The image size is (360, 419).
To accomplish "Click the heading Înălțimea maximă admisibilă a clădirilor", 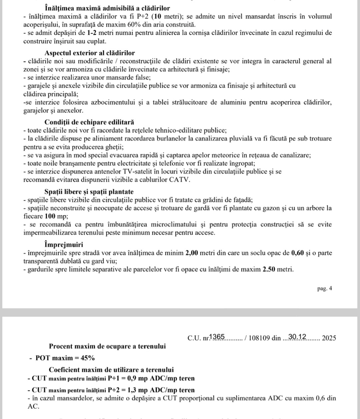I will pos(107,8).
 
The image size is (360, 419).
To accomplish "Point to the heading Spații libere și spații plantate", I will pos(89,191).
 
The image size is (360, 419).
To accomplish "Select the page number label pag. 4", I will pos(325,288).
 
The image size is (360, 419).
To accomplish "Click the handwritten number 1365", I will pos(217,337).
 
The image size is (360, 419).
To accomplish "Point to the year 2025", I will pos(329,338).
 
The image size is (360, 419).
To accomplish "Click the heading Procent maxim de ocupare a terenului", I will pos(107,346).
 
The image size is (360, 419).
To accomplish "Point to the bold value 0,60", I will pos(297,252).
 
